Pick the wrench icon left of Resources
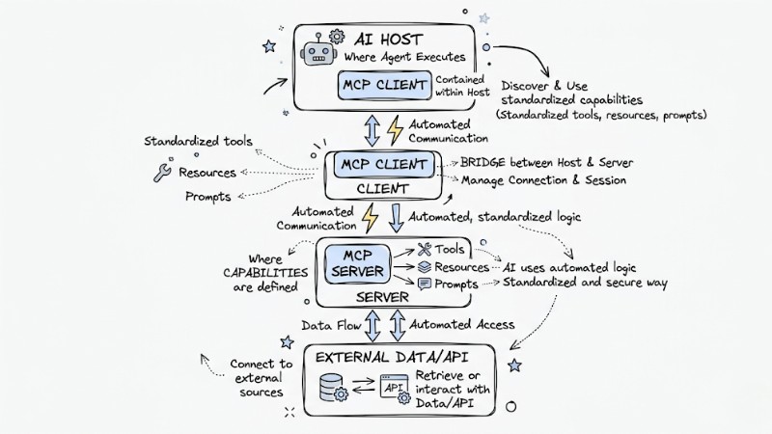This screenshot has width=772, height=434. [161, 173]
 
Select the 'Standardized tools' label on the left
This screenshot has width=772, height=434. [198, 142]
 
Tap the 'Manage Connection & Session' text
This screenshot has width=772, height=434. [543, 180]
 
